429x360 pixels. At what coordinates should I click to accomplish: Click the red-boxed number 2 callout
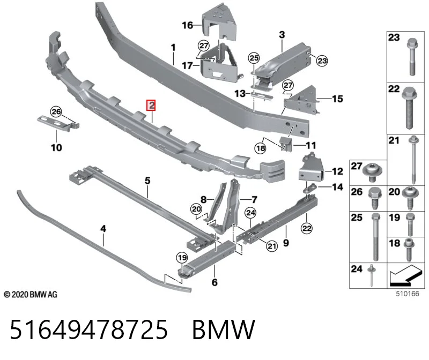pyautogui.click(x=151, y=105)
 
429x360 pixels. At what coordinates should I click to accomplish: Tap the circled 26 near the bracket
pyautogui.click(x=56, y=111)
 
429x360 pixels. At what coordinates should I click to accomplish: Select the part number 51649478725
pyautogui.click(x=88, y=329)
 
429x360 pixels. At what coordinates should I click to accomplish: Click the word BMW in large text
pyautogui.click(x=224, y=329)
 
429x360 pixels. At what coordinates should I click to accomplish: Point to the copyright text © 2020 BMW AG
pyautogui.click(x=31, y=295)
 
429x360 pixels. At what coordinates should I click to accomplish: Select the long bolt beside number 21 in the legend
pyautogui.click(x=413, y=159)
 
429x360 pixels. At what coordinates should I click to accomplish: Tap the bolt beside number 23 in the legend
pyautogui.click(x=412, y=57)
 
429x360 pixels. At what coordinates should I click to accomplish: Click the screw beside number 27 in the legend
pyautogui.click(x=372, y=172)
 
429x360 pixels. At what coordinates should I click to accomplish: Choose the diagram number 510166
pyautogui.click(x=408, y=294)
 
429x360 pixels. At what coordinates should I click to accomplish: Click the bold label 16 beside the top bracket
pyautogui.click(x=187, y=25)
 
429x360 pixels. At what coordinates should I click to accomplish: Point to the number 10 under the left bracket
pyautogui.click(x=56, y=148)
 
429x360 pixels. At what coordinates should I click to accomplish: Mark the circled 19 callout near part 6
pyautogui.click(x=182, y=258)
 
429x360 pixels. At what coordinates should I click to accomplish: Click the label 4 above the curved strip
pyautogui.click(x=103, y=229)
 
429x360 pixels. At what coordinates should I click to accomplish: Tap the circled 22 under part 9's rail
pyautogui.click(x=306, y=228)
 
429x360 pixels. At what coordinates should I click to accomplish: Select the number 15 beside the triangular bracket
pyautogui.click(x=337, y=99)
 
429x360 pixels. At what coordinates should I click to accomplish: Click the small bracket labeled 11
pyautogui.click(x=285, y=144)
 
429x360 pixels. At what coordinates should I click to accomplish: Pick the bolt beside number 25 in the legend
pyautogui.click(x=376, y=236)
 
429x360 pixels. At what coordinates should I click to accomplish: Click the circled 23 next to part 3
pyautogui.click(x=322, y=61)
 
